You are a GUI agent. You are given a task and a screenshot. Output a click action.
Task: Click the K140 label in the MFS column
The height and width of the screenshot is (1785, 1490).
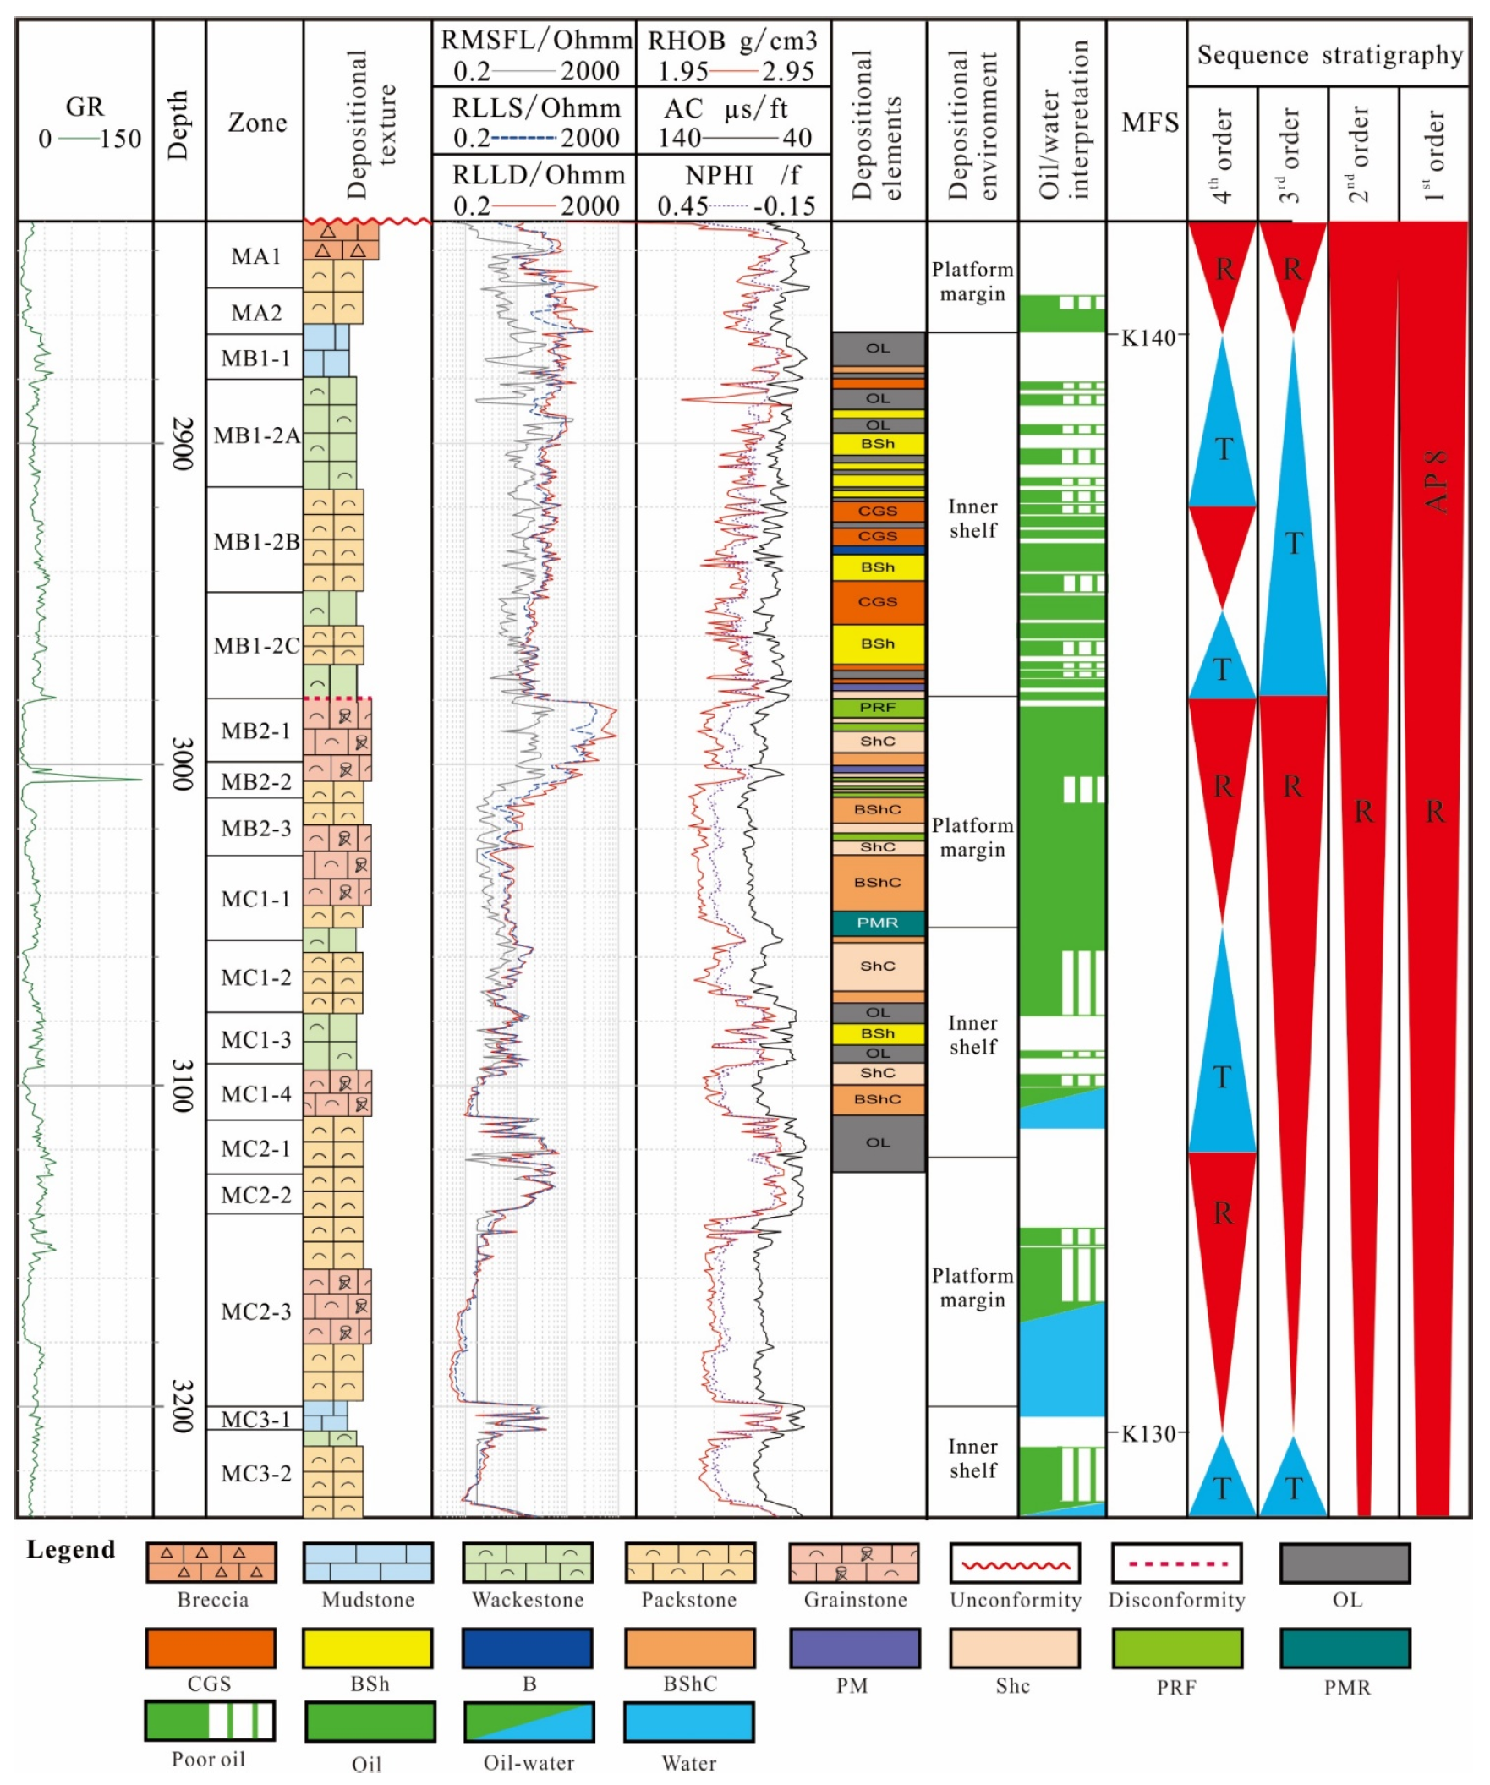(x=1148, y=337)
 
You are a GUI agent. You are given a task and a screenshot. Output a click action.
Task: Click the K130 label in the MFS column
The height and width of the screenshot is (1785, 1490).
(x=1148, y=1434)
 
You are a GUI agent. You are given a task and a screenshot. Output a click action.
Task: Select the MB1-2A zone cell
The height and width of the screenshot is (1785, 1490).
(x=256, y=435)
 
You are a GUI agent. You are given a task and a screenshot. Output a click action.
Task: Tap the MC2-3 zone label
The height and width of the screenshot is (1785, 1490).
(x=256, y=1311)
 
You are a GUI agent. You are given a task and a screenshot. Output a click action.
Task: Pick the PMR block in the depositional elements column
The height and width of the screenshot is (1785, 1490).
(x=877, y=923)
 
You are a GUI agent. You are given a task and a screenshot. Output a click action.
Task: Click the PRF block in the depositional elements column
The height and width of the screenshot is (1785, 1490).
(x=877, y=707)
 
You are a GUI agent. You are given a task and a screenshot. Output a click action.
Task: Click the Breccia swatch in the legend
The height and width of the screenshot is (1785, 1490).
(x=211, y=1563)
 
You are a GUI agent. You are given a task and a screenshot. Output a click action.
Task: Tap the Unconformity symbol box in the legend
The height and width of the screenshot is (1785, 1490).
(x=1015, y=1563)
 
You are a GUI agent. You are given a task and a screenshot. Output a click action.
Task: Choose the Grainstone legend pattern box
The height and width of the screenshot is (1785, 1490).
(x=853, y=1563)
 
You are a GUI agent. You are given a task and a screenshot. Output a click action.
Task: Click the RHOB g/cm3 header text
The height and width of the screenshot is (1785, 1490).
(x=731, y=41)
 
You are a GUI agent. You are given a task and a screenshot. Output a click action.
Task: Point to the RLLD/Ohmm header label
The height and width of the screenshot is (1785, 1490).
(x=537, y=175)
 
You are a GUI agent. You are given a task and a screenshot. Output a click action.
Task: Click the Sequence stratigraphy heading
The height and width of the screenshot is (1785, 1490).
(x=1328, y=55)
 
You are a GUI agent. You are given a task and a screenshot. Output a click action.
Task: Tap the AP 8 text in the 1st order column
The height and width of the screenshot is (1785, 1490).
(x=1436, y=481)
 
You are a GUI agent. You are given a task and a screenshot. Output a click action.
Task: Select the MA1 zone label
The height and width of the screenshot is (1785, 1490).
(x=256, y=256)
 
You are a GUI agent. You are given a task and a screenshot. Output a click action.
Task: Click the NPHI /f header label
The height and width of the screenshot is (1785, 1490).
(x=731, y=175)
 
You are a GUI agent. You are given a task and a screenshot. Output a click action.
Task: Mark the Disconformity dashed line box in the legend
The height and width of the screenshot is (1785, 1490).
(x=1176, y=1563)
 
